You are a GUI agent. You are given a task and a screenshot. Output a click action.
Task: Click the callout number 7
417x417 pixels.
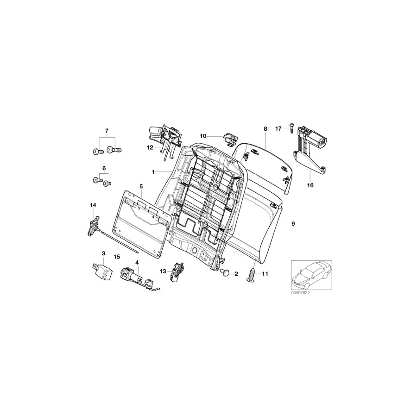[107, 132]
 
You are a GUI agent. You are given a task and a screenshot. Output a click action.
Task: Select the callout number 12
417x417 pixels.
[150, 148]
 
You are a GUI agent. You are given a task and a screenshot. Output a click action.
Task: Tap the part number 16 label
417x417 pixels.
[310, 185]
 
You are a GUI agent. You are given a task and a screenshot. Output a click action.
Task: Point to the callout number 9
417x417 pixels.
[293, 224]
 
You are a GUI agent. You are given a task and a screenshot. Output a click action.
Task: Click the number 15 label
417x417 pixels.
[117, 257]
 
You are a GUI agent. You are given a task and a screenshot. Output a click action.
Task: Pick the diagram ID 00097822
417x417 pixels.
[301, 293]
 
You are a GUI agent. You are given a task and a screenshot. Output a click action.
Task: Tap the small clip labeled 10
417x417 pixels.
[229, 138]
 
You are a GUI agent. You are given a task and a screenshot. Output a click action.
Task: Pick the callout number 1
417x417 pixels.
[152, 172]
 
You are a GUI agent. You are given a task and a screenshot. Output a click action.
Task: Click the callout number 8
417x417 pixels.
[265, 128]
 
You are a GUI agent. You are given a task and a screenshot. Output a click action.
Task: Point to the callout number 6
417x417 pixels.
[104, 168]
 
